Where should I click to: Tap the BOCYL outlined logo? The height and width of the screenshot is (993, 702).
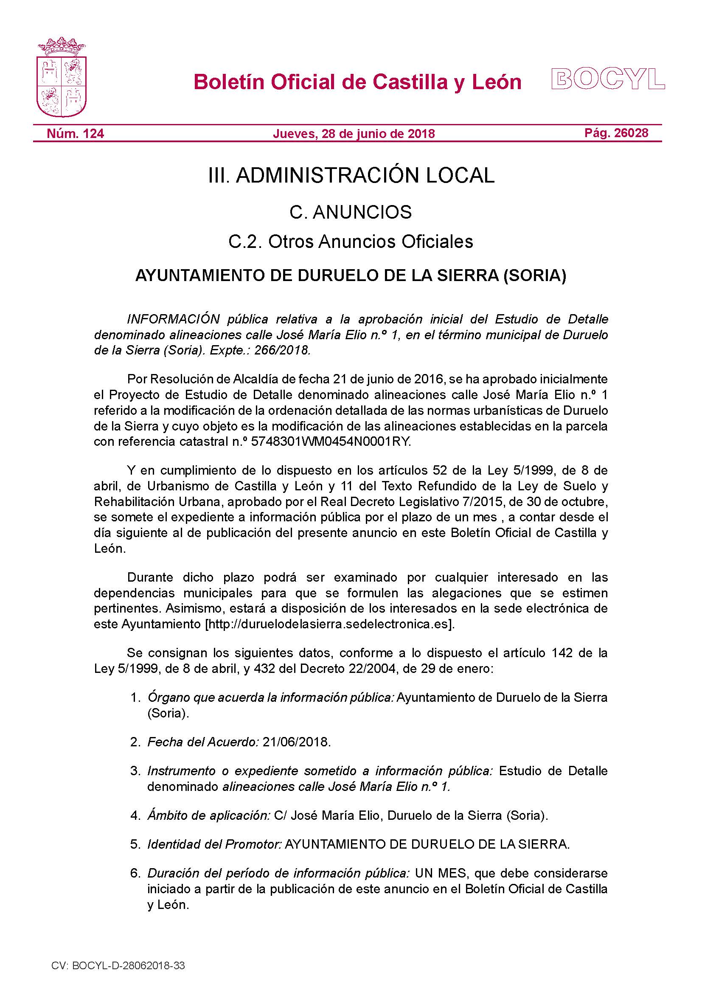[608, 79]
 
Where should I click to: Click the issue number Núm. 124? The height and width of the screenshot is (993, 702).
[75, 133]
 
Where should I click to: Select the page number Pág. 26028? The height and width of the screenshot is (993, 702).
[616, 133]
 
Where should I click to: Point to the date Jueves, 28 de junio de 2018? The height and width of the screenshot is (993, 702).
[354, 134]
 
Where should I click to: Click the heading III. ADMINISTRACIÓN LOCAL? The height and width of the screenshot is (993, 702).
[351, 176]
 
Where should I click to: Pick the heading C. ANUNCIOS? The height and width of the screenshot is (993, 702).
[351, 212]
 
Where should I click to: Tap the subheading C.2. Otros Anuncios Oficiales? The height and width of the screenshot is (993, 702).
[351, 242]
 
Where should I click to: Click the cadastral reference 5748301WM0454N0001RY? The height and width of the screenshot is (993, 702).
[331, 442]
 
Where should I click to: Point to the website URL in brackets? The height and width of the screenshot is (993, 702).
[330, 624]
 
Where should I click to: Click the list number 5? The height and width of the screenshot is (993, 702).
[135, 844]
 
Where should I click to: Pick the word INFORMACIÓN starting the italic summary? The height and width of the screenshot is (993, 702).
[174, 319]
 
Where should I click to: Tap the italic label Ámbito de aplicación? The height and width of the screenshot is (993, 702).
[209, 815]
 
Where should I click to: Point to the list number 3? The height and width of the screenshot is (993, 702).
[135, 771]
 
